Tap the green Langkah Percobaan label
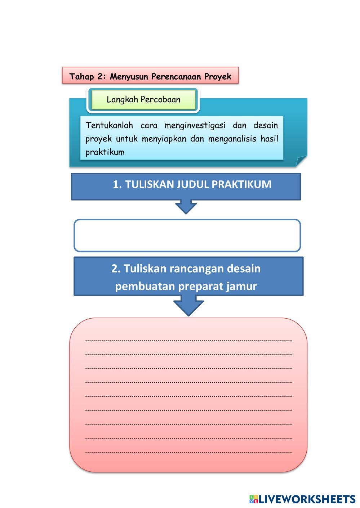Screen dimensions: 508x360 pyautogui.click(x=143, y=100)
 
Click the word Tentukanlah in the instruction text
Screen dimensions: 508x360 pyautogui.click(x=109, y=126)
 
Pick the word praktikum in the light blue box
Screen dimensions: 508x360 pyautogui.click(x=105, y=152)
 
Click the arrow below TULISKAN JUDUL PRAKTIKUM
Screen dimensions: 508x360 pyautogui.click(x=186, y=207)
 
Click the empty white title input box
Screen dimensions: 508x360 pyautogui.click(x=187, y=235)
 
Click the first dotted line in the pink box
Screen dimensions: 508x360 pyautogui.click(x=188, y=340)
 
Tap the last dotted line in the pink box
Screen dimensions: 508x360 pyautogui.click(x=188, y=452)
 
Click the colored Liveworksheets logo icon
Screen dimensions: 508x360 pyautogui.click(x=254, y=499)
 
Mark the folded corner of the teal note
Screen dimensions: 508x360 pyautogui.click(x=301, y=161)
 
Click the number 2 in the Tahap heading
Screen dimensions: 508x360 pyautogui.click(x=100, y=77)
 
